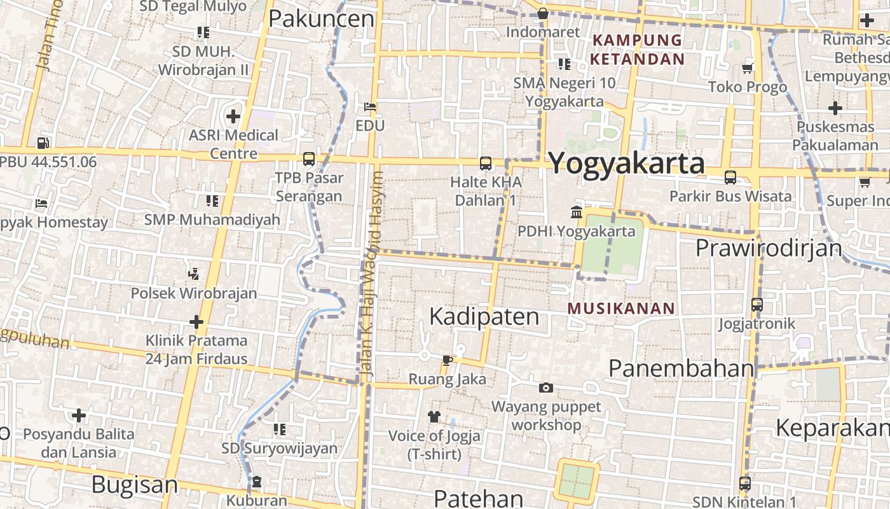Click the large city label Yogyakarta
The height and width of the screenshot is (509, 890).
point(626,163)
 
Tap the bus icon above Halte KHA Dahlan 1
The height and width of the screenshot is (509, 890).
point(486,164)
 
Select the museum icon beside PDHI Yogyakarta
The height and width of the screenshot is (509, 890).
point(577,212)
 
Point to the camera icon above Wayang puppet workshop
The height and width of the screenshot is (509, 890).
point(545,387)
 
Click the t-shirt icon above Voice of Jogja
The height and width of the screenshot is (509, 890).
point(434,417)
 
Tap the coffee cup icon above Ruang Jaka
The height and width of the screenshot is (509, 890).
point(447,361)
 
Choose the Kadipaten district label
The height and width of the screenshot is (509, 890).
point(484,316)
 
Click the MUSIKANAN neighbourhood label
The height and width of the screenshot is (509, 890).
point(621,309)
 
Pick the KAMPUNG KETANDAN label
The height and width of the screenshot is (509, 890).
point(638,50)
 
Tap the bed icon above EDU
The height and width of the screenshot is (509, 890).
point(370,107)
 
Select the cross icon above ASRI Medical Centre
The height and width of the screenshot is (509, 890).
point(233,116)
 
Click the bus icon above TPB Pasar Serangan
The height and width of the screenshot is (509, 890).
point(309,159)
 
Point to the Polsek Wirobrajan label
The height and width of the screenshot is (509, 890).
point(194,293)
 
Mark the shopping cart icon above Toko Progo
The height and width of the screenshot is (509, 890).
point(748,68)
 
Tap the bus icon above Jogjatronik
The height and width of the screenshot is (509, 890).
point(756,305)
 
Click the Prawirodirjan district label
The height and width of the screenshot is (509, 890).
point(769,248)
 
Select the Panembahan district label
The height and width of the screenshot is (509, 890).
point(681,368)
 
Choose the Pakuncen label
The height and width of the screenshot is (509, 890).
point(321,18)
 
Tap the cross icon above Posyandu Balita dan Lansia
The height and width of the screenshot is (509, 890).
point(79,416)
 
